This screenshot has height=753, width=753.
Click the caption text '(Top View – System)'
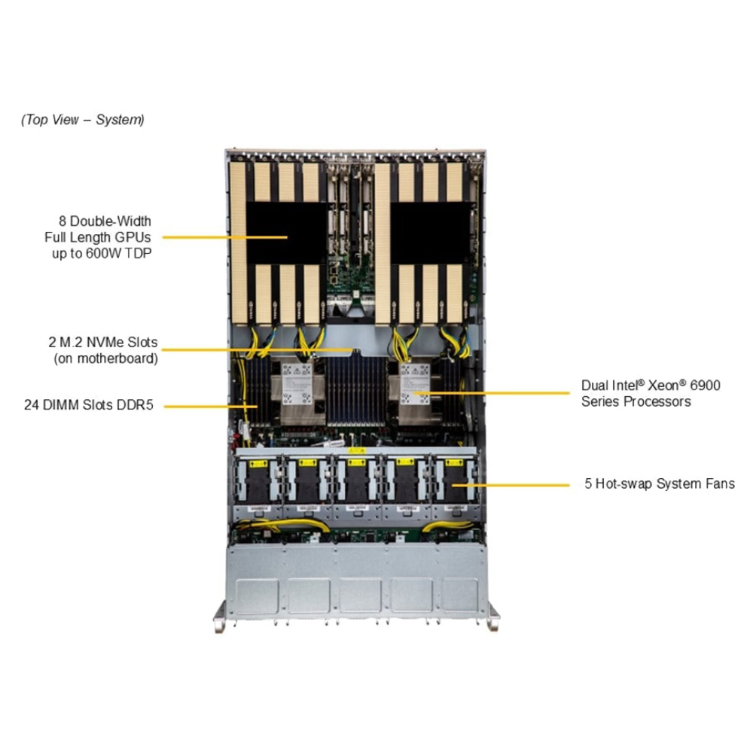click(83, 120)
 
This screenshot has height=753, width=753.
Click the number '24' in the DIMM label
click(31, 405)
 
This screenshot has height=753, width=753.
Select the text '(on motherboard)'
click(105, 358)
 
